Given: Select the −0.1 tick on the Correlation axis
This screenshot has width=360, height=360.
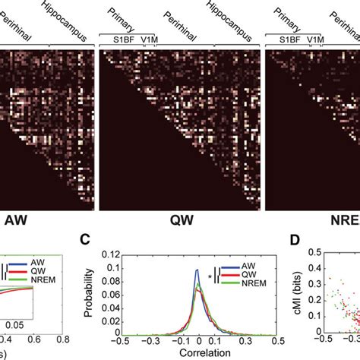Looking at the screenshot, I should [x=180, y=341].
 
